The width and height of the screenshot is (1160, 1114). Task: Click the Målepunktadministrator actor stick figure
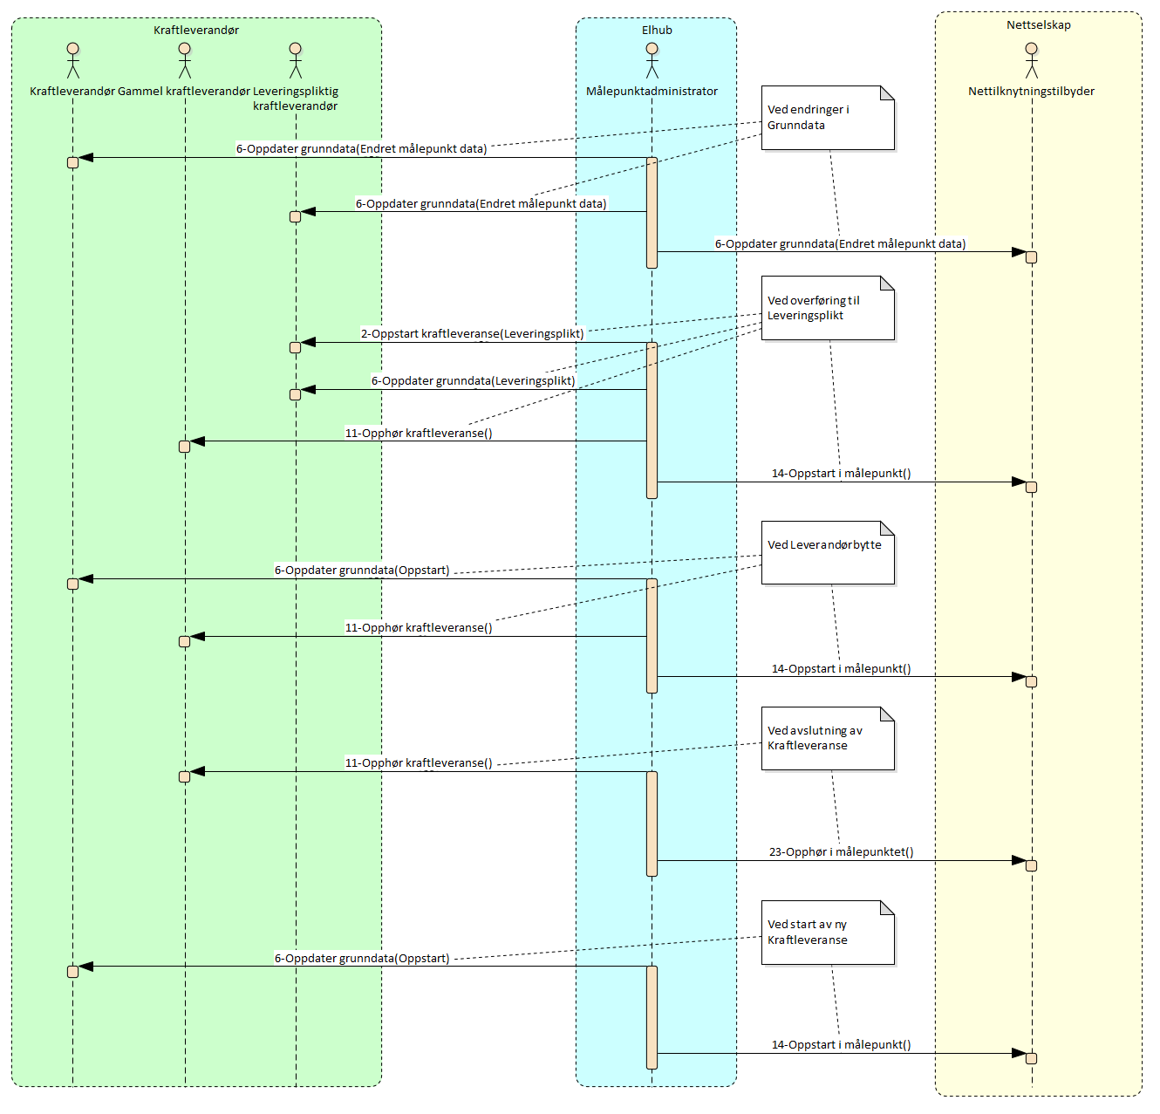(x=652, y=60)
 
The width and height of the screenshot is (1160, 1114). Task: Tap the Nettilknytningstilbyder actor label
(x=1031, y=91)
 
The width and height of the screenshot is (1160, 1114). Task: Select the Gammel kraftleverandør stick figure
(x=184, y=60)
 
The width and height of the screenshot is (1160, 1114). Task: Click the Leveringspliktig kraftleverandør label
(x=296, y=98)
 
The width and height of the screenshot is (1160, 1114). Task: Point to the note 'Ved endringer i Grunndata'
(x=828, y=118)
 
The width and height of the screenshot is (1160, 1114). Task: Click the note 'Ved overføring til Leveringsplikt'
(x=828, y=308)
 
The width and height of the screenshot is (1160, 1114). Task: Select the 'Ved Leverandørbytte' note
(x=828, y=552)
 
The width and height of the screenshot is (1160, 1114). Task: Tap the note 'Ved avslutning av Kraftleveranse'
(x=828, y=738)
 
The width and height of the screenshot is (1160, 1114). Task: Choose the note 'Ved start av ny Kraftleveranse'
(x=828, y=932)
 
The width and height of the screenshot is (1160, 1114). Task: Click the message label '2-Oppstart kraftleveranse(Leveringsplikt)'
(x=472, y=333)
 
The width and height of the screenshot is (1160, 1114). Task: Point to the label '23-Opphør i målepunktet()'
(x=841, y=851)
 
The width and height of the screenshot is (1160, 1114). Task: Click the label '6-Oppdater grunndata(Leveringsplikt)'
(x=473, y=380)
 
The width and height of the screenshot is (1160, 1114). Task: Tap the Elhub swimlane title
(x=657, y=30)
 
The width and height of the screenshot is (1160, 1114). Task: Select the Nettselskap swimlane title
(x=1038, y=24)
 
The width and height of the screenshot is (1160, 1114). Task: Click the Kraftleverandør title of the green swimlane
(x=196, y=30)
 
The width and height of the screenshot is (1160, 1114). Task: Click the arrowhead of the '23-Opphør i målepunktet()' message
(x=1019, y=860)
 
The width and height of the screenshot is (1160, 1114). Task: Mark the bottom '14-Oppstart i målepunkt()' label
(x=841, y=1044)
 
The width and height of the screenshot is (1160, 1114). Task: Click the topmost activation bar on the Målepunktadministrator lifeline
(x=652, y=212)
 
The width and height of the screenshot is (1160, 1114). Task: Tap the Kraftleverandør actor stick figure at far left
(x=73, y=60)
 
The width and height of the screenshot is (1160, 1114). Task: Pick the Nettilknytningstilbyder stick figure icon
(x=1032, y=60)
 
